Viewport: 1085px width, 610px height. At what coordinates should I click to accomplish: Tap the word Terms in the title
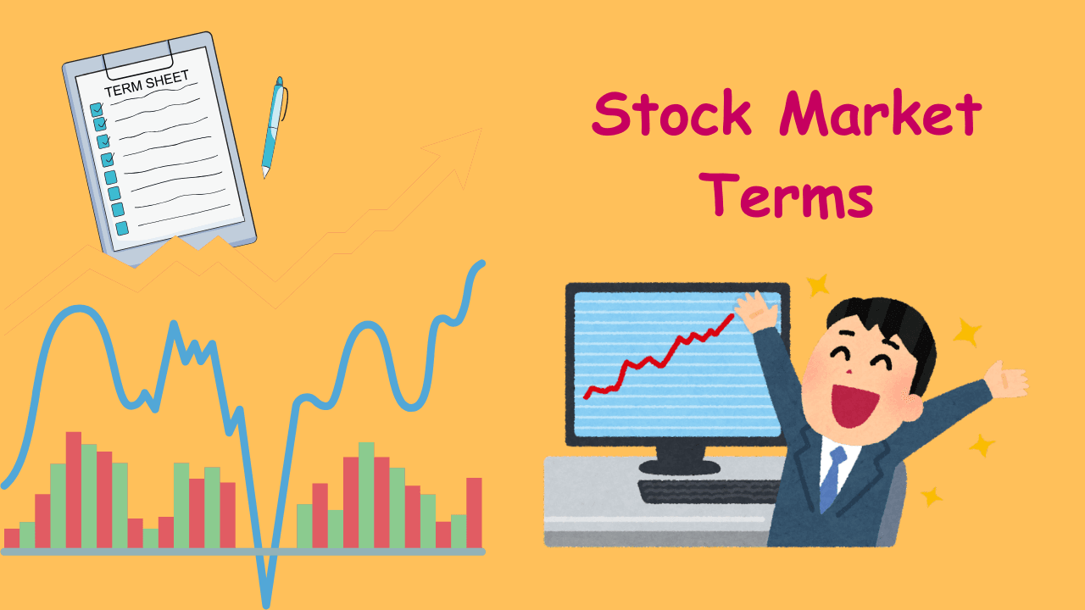789,197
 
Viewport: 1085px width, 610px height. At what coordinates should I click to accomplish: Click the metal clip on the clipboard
138,58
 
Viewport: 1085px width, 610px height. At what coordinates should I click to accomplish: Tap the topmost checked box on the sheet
96,109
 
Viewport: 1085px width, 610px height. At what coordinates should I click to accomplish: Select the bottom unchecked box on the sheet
122,228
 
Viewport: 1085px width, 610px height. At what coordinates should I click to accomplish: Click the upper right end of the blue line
481,263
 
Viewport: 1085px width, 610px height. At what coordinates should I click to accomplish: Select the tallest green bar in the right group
366,495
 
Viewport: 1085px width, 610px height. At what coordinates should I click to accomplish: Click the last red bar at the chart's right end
474,513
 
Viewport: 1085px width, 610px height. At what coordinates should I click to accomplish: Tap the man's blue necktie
832,478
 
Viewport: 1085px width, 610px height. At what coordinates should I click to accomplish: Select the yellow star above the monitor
817,285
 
